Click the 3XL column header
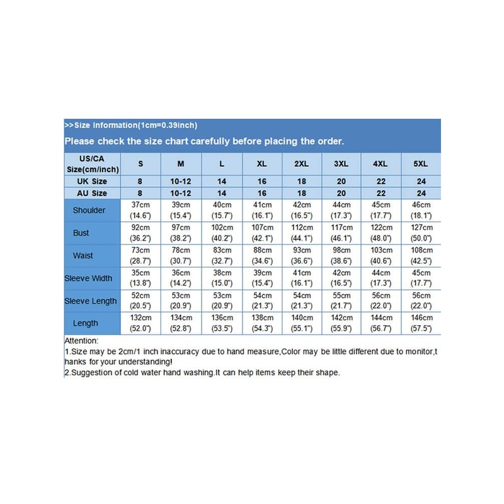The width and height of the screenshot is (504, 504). tap(341, 164)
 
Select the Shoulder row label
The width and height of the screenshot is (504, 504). tap(89, 210)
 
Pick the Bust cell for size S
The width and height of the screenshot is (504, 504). tap(140, 232)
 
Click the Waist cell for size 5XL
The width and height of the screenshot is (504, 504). tap(421, 255)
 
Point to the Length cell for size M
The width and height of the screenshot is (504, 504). tap(181, 323)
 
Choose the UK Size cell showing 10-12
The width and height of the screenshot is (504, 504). tap(181, 181)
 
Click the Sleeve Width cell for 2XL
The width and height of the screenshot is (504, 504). tap(302, 278)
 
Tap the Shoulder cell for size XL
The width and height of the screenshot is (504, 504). tap(261, 210)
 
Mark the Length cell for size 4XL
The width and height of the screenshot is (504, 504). tap(380, 323)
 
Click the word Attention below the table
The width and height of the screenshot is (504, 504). tap(82, 340)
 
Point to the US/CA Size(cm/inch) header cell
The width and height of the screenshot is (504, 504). tap(92, 164)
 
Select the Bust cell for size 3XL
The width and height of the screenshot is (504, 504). tap(341, 232)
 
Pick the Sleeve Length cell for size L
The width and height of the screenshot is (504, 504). tap(221, 301)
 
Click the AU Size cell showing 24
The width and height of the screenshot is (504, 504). tap(421, 193)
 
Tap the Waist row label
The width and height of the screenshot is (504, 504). tap(89, 255)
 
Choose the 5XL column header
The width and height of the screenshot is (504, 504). tap(421, 164)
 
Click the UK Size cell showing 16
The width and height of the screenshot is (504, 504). tap(261, 181)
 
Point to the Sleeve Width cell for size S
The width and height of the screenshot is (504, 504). tap(140, 278)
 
